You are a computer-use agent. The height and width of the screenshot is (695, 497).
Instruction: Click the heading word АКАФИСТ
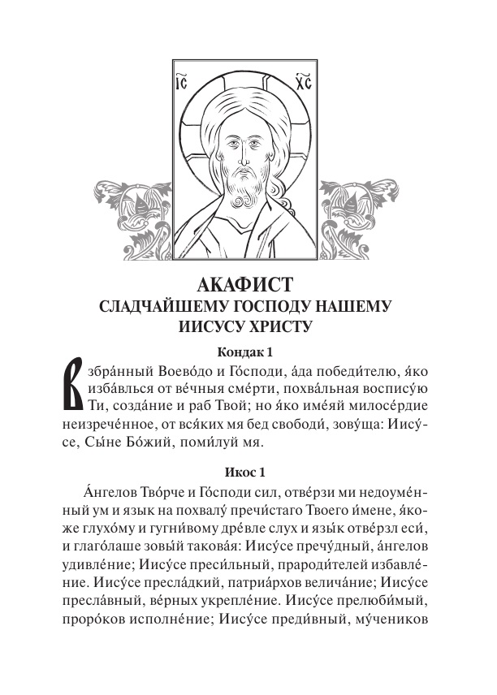[x=248, y=286]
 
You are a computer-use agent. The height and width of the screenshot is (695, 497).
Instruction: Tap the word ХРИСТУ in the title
[x=283, y=327]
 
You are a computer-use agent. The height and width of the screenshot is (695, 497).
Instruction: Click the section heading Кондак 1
[x=248, y=352]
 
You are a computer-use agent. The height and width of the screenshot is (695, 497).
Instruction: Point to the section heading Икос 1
[x=248, y=472]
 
